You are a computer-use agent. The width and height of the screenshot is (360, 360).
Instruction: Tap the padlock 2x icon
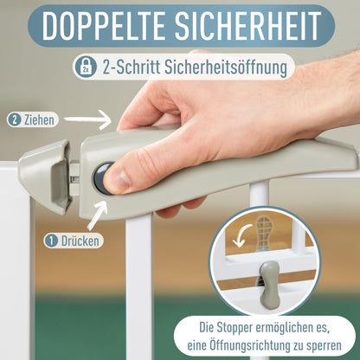85,67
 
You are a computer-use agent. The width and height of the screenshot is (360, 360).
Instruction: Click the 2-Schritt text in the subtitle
128,67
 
